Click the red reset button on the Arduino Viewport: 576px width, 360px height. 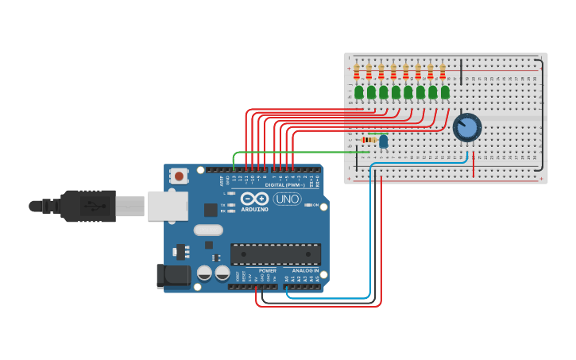(x=180, y=176)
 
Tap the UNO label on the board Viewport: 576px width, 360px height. (x=287, y=199)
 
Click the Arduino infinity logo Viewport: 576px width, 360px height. (x=255, y=199)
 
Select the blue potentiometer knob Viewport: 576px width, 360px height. (x=467, y=127)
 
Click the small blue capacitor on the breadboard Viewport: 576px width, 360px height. (x=384, y=141)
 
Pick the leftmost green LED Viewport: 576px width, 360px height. (x=359, y=92)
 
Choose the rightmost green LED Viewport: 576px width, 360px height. (x=445, y=92)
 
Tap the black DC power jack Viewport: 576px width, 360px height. (x=174, y=276)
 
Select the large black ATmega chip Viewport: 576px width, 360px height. (x=276, y=254)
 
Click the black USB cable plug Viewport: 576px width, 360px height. (x=87, y=205)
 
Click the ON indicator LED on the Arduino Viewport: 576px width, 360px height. (x=305, y=205)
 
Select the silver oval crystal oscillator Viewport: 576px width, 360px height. (x=208, y=230)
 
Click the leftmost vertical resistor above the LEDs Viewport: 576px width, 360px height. (x=357, y=72)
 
